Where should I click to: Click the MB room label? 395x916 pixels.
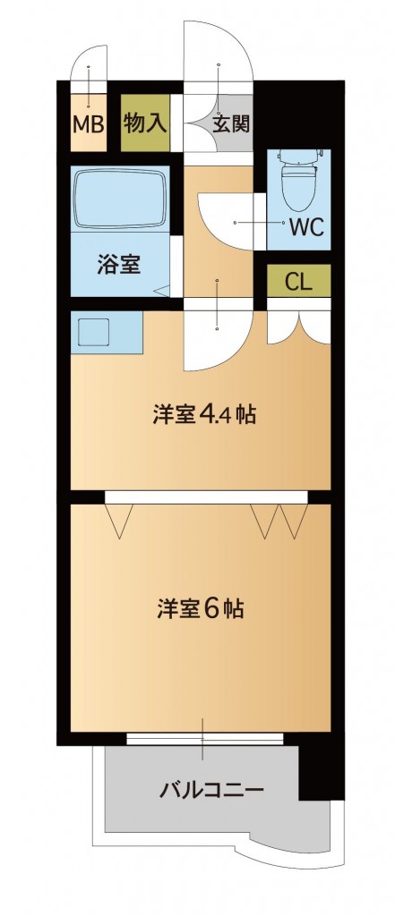point(87,123)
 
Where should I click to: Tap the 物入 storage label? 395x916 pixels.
point(145,122)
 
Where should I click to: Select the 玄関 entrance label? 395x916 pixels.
point(231,122)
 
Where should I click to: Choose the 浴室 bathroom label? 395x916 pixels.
point(118,265)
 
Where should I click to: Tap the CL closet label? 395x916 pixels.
point(298,281)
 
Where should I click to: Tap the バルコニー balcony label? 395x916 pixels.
point(211,790)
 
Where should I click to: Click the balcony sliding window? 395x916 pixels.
point(204,739)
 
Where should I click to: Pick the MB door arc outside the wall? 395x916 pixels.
point(88,62)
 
